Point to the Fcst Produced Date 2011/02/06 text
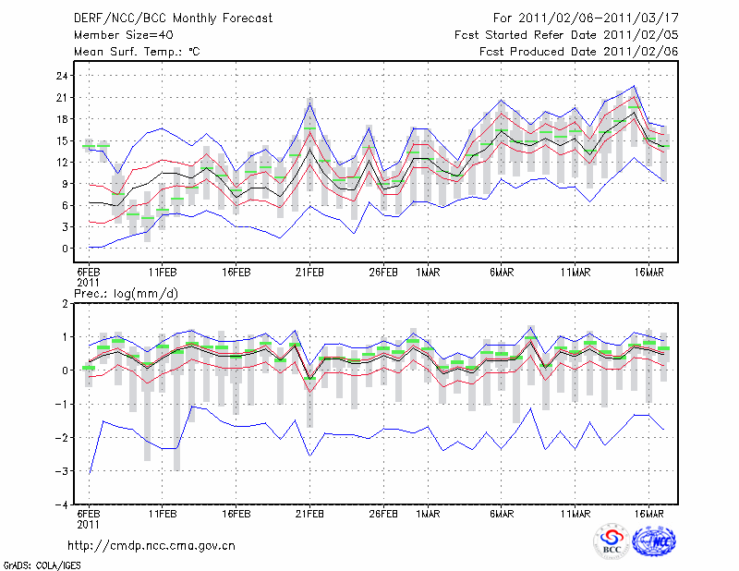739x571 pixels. pyautogui.click(x=579, y=52)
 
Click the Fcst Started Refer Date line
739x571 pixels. pyautogui.click(x=566, y=35)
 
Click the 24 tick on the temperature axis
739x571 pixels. pyautogui.click(x=62, y=76)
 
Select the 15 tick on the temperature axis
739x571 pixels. pyautogui.click(x=62, y=140)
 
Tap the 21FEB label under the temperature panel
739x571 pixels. pyautogui.click(x=309, y=273)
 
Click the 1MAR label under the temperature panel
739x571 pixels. pyautogui.click(x=427, y=273)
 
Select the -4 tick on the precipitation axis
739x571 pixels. pyautogui.click(x=62, y=505)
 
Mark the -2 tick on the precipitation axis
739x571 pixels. pyautogui.click(x=62, y=438)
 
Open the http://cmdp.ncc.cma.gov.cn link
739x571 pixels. pyautogui.click(x=152, y=545)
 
